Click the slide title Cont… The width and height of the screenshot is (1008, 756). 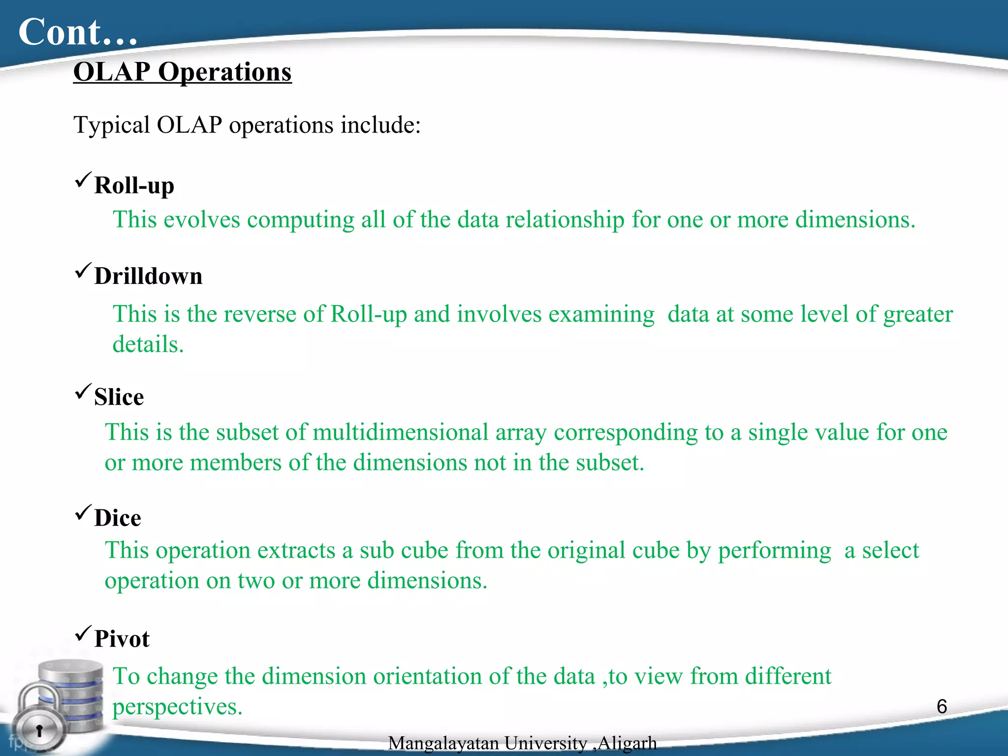[x=78, y=32]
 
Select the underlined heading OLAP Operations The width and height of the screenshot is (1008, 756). [x=182, y=72]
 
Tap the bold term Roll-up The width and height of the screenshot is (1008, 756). [x=134, y=186]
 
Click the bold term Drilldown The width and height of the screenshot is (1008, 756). [x=148, y=276]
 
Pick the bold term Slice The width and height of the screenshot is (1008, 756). [x=119, y=397]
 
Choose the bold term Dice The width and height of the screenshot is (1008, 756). [x=117, y=518]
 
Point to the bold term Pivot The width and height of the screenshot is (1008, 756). [x=122, y=639]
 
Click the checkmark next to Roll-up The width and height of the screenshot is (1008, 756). [x=83, y=180]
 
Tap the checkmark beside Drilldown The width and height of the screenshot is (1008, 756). [x=83, y=270]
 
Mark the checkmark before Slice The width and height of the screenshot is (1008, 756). [x=83, y=391]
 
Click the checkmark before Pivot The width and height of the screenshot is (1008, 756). [x=83, y=633]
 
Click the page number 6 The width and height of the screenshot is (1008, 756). [x=942, y=707]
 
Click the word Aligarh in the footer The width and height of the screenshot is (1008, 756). [x=627, y=743]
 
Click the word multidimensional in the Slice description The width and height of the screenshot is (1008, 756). [x=400, y=433]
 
